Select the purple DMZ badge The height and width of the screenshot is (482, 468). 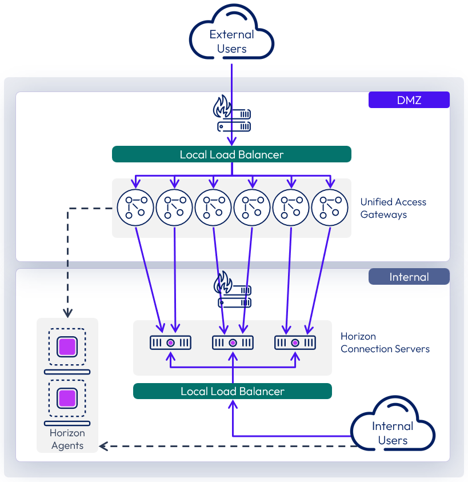coord(409,100)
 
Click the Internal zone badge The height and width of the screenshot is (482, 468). coord(409,277)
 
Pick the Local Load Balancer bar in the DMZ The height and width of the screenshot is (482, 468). coord(231,154)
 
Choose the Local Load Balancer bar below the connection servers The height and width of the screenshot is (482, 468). coord(232,391)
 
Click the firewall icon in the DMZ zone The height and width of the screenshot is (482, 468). coord(231,114)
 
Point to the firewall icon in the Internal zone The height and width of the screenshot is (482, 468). coord(232,291)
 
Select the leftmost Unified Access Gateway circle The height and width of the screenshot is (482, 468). coord(135,207)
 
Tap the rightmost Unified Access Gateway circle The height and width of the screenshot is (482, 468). coord(330,207)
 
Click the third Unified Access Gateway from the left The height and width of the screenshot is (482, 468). coord(213,207)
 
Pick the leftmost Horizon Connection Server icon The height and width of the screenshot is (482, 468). coord(170,342)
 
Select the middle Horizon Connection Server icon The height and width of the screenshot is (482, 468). coord(233,342)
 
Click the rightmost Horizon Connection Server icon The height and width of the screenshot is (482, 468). coord(295,342)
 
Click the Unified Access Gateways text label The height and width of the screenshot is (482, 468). coord(393,208)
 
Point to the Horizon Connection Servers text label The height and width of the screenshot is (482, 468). coord(385,342)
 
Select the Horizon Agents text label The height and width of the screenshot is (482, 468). coord(67,439)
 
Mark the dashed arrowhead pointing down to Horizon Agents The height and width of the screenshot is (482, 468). coord(67,313)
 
